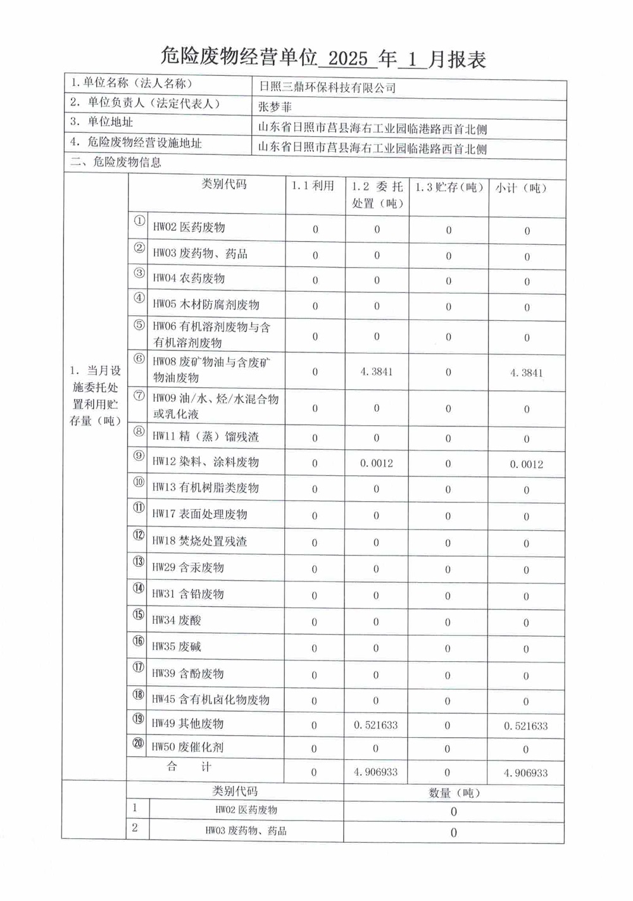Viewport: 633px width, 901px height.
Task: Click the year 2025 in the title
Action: pos(348,59)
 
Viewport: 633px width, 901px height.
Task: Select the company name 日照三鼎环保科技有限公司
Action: pos(327,88)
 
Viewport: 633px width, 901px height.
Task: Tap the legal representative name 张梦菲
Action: pos(275,107)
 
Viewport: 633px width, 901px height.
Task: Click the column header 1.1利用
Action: pos(313,186)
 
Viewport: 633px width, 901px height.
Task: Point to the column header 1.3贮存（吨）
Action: pos(449,187)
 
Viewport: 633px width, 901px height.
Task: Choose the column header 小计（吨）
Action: pos(520,188)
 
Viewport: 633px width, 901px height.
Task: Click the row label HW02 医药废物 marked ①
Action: pos(189,227)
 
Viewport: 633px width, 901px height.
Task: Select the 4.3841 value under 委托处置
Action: pos(377,372)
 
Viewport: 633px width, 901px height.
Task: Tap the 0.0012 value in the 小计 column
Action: pos(527,464)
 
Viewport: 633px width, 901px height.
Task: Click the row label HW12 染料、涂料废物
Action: pos(205,462)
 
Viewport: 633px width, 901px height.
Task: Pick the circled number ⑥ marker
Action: pos(139,359)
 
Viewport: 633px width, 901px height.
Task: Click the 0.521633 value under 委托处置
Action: pos(376,725)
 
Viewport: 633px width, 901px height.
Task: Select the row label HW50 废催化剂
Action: pos(187,747)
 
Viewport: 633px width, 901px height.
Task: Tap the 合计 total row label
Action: pos(189,767)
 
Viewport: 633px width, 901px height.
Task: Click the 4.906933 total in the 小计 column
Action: pos(526,773)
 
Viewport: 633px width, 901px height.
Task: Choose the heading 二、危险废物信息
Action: pos(115,162)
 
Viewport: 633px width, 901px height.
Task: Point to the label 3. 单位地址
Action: pos(102,121)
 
